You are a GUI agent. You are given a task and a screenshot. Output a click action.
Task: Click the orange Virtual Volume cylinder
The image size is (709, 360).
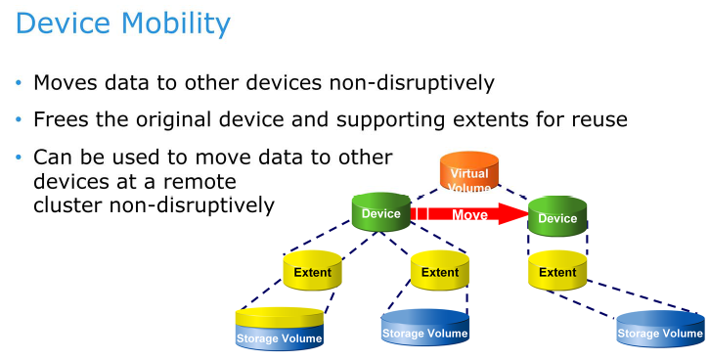coord(468,176)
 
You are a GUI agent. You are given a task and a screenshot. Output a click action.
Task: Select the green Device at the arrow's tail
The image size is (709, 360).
coord(380,214)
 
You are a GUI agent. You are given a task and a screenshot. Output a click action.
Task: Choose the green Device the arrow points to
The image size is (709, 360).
coord(556,219)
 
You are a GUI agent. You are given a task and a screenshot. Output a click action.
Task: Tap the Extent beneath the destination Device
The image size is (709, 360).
coord(556,272)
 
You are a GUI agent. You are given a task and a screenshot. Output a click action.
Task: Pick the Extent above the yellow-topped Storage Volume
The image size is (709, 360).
coord(312,272)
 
